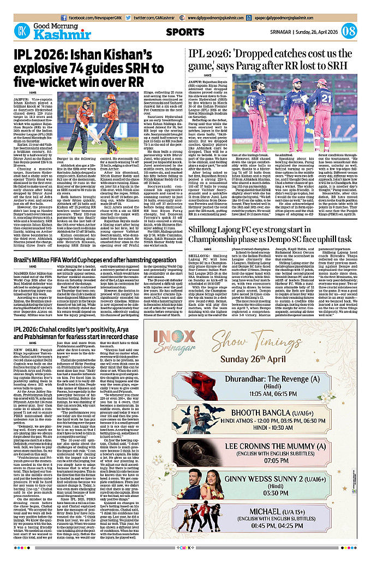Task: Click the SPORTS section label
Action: [187, 32]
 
